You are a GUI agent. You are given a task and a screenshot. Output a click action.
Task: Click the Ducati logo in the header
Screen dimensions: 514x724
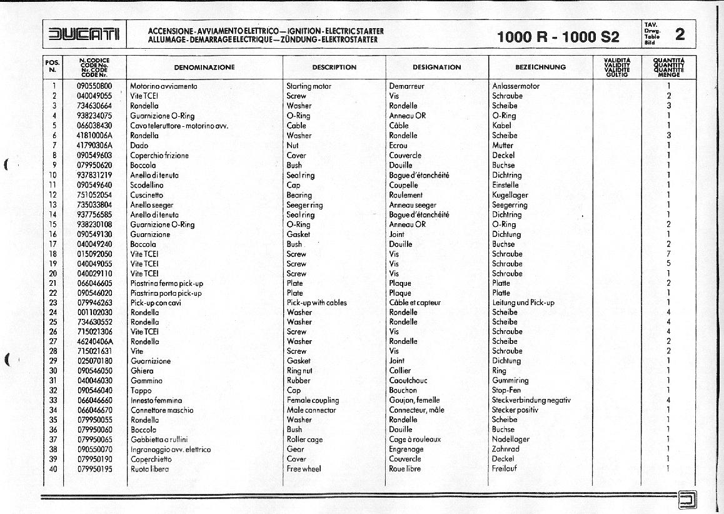tap(84, 34)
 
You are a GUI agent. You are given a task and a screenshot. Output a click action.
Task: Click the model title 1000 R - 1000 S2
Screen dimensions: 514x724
tap(558, 36)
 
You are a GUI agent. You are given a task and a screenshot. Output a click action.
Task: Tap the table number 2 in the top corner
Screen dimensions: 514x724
tap(680, 34)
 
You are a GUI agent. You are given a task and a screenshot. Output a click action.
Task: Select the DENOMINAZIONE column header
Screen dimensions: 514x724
tap(204, 67)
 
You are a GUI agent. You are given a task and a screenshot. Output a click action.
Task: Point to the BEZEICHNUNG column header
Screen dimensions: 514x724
tap(540, 67)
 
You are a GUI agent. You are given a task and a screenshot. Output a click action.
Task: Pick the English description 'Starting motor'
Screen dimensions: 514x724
tap(309, 86)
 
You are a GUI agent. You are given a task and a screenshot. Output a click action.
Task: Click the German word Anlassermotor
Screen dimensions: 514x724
tap(515, 86)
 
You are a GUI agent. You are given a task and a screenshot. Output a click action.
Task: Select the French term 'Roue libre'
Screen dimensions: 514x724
tap(405, 468)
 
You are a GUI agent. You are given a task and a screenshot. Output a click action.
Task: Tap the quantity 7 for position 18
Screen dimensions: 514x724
tap(668, 254)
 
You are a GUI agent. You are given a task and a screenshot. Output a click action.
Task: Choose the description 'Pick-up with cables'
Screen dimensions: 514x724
tap(316, 303)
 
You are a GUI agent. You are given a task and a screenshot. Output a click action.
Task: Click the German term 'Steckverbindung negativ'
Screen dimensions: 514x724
tap(531, 400)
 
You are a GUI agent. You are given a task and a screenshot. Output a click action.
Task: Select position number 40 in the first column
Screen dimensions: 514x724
tap(53, 468)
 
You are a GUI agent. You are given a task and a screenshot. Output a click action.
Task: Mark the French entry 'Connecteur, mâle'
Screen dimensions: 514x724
tap(416, 410)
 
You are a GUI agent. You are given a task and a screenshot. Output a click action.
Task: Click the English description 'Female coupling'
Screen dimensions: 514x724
tap(313, 400)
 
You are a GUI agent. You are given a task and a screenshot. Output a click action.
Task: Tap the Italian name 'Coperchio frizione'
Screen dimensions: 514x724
tap(159, 155)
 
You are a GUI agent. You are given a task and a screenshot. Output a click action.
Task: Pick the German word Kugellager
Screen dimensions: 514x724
tap(510, 195)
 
